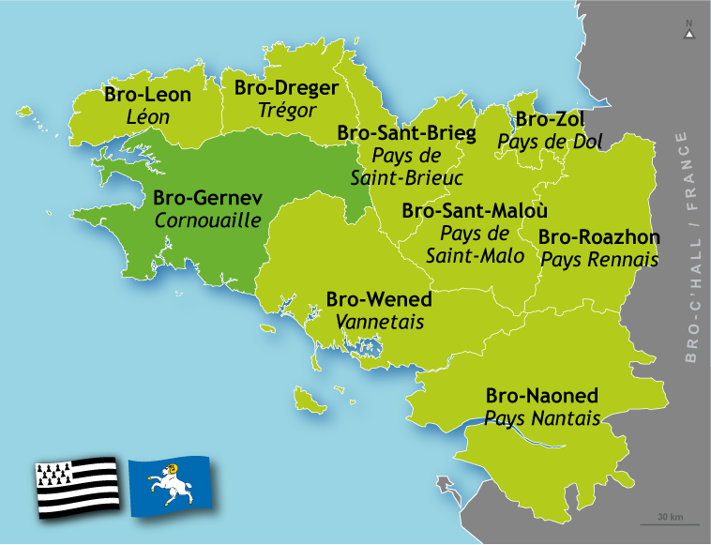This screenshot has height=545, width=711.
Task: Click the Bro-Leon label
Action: tap(147, 95)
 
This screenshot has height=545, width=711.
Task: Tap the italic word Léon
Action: tap(147, 117)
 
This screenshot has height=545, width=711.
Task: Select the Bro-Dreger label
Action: tap(286, 88)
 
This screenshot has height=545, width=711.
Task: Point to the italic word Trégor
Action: tap(286, 111)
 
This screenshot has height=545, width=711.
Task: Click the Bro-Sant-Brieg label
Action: tap(406, 133)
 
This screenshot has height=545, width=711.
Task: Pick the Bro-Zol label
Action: tap(551, 119)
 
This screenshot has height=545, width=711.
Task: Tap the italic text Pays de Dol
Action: tap(551, 142)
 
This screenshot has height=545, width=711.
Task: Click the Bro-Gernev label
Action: tap(207, 199)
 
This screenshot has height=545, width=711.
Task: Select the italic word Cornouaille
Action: tap(207, 221)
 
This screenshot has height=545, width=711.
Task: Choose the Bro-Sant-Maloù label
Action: tap(475, 211)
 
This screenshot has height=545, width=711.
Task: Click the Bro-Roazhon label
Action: tap(598, 237)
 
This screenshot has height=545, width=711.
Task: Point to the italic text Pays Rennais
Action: tap(598, 260)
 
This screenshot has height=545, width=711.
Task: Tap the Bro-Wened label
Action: tap(379, 300)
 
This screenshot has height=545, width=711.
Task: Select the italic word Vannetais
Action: tap(379, 323)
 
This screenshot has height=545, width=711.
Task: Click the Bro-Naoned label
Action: tap(541, 396)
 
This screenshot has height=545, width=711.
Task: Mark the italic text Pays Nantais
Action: tap(541, 418)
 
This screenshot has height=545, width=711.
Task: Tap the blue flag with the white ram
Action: tap(169, 486)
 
